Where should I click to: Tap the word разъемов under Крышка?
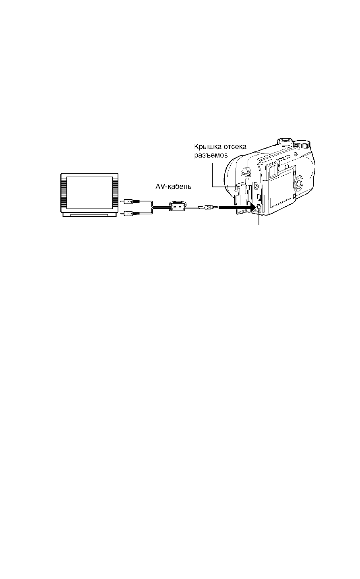[x=211, y=156]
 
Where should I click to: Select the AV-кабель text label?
[x=173, y=187]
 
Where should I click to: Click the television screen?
[x=89, y=193]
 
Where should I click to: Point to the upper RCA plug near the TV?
[x=131, y=200]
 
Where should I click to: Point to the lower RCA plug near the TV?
[x=131, y=214]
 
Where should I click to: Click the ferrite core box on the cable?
[x=178, y=207]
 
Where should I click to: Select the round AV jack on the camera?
[x=259, y=207]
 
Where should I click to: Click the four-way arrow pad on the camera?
[x=299, y=183]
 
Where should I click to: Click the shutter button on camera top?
[x=285, y=141]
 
